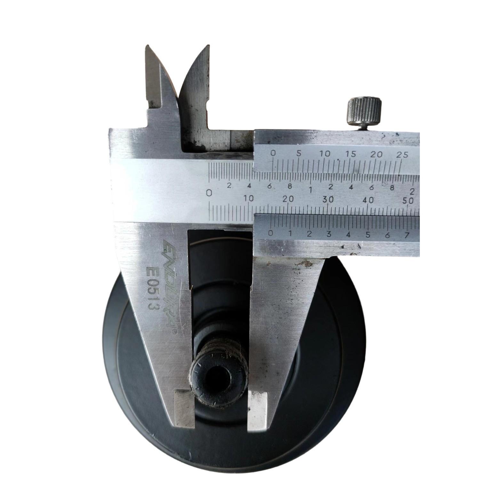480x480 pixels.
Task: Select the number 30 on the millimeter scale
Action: click(x=328, y=199)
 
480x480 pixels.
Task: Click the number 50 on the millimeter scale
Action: click(x=408, y=201)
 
